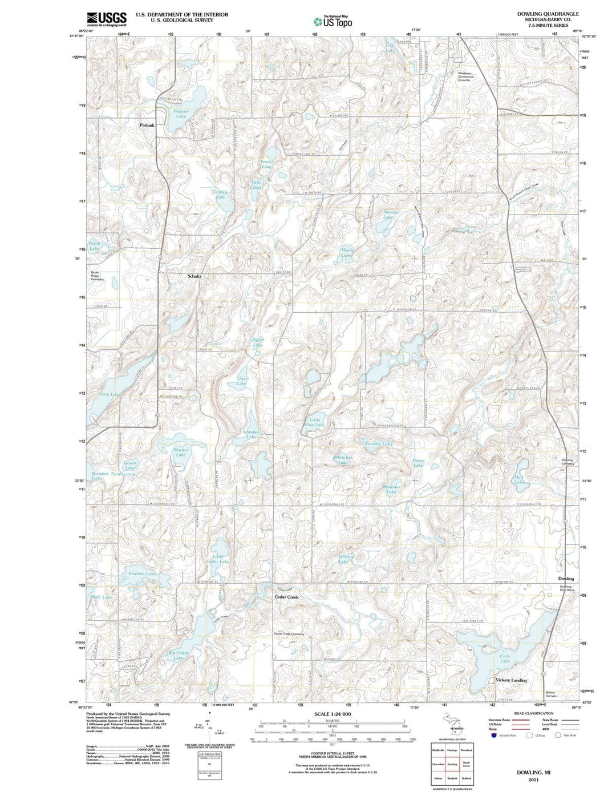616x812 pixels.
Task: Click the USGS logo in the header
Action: pos(107,19)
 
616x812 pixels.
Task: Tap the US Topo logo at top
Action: pos(333,22)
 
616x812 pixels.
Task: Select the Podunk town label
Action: pos(147,125)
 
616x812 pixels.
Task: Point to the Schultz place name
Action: pos(194,276)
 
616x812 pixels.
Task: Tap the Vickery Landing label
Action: pos(511,680)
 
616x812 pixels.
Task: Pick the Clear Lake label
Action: pos(505,659)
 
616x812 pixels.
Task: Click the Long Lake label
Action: pos(110,394)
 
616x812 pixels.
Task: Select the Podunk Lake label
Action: pos(181,114)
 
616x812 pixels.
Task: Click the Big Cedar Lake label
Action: pos(179,655)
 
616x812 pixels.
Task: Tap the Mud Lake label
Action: pos(518,480)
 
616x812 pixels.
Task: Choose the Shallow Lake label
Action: pos(142,573)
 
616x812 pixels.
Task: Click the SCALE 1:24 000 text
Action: pos(333,714)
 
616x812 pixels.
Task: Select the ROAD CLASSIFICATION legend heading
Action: pos(533,714)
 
